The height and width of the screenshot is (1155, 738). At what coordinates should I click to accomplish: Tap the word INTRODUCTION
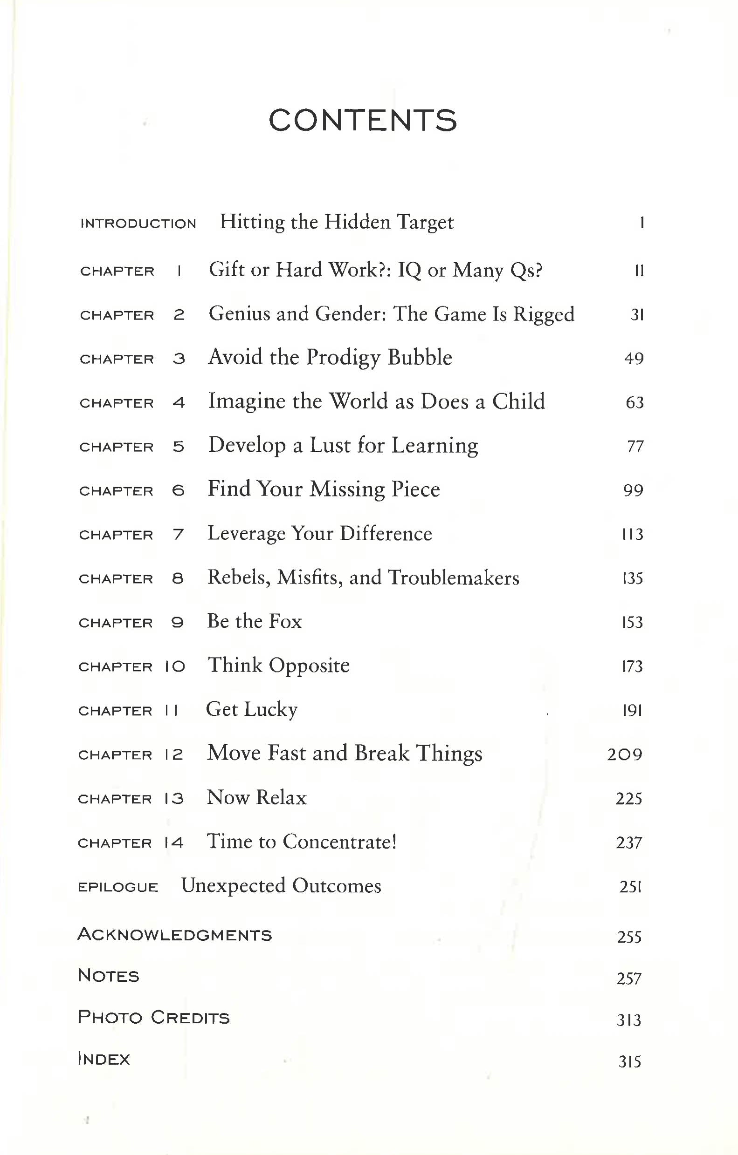[x=138, y=224]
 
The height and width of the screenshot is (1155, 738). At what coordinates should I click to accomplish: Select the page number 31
[x=637, y=315]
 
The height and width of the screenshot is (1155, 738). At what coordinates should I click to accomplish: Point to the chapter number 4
[x=179, y=402]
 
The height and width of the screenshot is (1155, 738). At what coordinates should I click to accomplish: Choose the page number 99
[x=633, y=490]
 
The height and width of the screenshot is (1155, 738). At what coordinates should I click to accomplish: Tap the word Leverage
[x=246, y=534]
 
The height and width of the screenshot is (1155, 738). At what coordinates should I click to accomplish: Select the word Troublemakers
[x=453, y=577]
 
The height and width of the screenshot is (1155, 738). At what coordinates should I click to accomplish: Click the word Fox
[x=285, y=622]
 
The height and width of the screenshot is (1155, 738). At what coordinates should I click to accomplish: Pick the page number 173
[x=632, y=666]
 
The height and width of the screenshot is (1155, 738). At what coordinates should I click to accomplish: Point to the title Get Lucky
[x=252, y=709]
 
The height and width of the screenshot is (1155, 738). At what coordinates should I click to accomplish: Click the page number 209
[x=624, y=754]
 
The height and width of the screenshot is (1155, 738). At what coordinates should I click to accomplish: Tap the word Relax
[x=282, y=798]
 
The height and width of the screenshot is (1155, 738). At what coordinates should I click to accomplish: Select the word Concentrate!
[x=339, y=842]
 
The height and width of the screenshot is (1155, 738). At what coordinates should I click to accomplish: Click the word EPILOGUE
[x=117, y=887]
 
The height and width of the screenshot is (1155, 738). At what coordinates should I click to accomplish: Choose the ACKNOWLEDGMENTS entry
[x=175, y=934]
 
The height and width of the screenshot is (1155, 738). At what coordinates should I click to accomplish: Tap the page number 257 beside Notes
[x=628, y=978]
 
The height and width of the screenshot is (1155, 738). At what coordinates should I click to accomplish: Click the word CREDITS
[x=190, y=1018]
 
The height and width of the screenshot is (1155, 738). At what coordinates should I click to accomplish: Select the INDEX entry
[x=103, y=1059]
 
